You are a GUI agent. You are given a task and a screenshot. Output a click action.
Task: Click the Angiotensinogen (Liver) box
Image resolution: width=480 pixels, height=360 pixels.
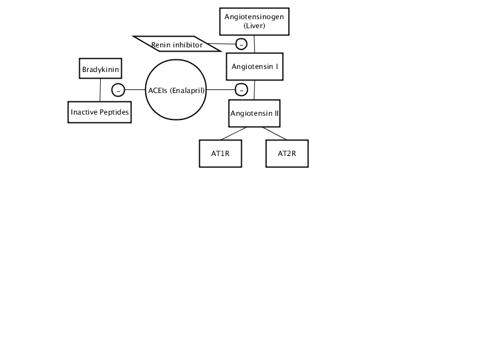pos(254,22)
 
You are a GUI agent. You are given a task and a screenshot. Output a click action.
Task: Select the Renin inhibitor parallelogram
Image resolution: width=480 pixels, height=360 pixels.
pos(177,44)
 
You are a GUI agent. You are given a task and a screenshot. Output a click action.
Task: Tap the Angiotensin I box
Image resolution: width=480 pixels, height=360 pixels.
pos(254,67)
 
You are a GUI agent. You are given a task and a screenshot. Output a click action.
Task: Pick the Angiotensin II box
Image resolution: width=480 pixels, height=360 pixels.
pos(254,113)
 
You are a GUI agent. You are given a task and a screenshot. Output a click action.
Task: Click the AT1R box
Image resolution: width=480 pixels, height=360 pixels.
pos(220,154)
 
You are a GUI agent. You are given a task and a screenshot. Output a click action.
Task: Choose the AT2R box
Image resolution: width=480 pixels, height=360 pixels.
pos(287,154)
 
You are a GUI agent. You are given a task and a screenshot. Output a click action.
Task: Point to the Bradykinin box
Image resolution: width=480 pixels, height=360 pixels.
pos(100,68)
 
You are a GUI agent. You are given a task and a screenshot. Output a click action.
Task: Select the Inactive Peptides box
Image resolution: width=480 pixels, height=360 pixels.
pos(100,112)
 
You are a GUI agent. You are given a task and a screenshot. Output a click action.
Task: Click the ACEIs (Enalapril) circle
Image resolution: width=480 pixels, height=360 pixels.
pos(176,89)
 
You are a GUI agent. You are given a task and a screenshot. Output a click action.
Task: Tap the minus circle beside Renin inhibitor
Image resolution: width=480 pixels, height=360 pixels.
pos(241,44)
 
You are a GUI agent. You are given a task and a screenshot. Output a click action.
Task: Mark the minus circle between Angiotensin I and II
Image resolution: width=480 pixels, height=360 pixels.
pos(241,90)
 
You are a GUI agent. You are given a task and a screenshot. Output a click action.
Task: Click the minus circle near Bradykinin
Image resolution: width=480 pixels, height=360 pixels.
pos(118,90)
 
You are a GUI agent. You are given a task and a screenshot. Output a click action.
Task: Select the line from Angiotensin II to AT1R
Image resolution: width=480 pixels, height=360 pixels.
pos(233,133)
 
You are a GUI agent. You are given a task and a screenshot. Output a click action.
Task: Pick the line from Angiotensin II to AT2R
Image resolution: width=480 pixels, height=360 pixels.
pos(274,133)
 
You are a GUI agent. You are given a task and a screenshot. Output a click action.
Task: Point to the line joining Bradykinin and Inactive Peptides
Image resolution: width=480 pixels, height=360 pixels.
pos(100,90)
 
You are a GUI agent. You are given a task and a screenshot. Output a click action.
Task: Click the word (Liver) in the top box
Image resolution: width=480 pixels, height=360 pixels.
pos(254,26)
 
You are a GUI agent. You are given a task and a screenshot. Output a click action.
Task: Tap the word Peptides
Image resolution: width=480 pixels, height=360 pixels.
pos(115,112)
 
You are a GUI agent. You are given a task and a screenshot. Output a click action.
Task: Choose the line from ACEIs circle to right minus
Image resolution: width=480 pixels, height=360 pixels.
pos(221,90)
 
